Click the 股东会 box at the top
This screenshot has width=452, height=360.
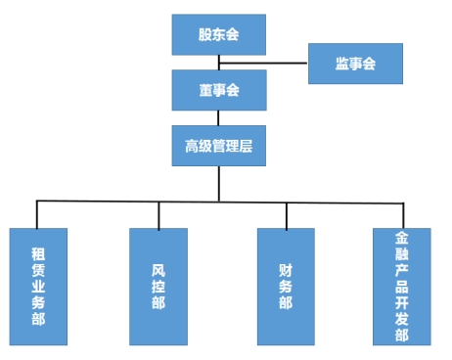tap(218, 35)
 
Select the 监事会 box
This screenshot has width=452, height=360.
tap(355, 64)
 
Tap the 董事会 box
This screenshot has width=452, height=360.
tap(218, 90)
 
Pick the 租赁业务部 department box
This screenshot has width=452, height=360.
tap(37, 286)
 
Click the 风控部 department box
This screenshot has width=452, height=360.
tap(158, 286)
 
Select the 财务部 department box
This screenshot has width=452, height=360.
tap(286, 286)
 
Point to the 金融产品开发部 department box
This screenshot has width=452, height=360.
tap(401, 286)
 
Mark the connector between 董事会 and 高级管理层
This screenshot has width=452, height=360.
tap(218, 117)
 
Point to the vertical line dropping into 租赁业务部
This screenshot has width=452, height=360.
tap(37, 214)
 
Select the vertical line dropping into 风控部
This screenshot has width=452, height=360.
tap(158, 214)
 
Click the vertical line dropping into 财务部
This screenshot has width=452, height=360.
tap(286, 214)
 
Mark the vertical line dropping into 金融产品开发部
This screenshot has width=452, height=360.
tap(401, 214)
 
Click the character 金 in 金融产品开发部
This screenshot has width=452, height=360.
tap(401, 239)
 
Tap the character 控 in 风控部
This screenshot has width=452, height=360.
tap(158, 286)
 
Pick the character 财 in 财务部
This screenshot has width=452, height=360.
tap(286, 267)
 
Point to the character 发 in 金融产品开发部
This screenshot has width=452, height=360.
tap(401, 318)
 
